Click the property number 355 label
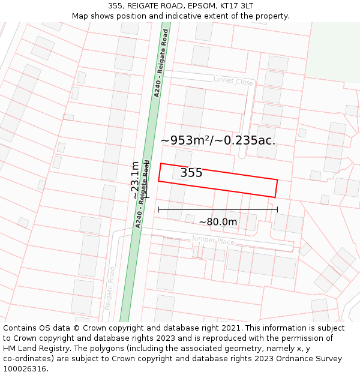191,173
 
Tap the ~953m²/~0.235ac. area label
218,140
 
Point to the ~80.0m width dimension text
218,222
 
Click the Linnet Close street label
233,80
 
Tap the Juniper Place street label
213,241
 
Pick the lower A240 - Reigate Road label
142,193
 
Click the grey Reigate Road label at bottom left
109,289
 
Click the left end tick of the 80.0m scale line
158,209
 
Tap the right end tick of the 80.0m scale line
277,209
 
